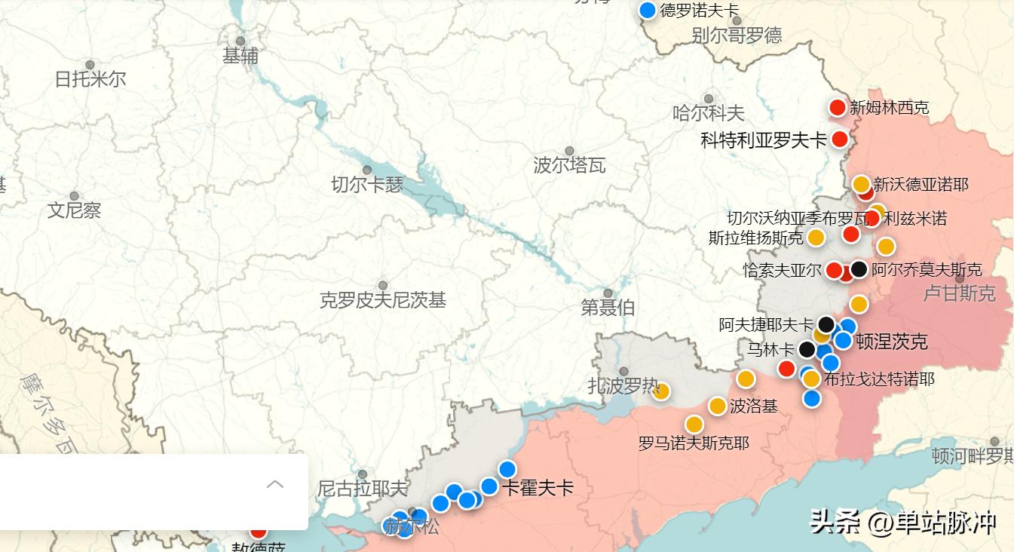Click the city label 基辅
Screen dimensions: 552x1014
(x=240, y=56)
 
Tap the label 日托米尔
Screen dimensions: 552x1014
(x=90, y=78)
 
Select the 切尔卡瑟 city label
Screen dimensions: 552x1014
(x=367, y=184)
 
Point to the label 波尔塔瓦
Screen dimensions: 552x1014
(x=569, y=165)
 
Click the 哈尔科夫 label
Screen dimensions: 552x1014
(x=708, y=113)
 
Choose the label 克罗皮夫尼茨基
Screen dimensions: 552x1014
(x=383, y=300)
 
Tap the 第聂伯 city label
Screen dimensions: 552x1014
(x=608, y=307)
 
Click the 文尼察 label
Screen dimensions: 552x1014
(x=74, y=210)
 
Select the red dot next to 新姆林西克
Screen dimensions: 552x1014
(x=837, y=108)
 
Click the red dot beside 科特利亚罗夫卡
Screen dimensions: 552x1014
(x=839, y=140)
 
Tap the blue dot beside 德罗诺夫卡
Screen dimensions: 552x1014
(x=647, y=11)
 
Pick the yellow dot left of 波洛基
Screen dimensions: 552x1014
(x=717, y=406)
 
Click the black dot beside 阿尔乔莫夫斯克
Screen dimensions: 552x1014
(x=859, y=269)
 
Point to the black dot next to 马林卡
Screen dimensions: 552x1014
(x=807, y=349)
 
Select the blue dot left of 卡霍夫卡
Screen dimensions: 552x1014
(x=489, y=486)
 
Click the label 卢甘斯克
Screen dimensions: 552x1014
(x=959, y=293)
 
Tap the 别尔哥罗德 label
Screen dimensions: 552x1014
(x=737, y=35)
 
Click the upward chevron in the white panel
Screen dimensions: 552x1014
(x=275, y=484)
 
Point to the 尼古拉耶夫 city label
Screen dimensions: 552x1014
(x=362, y=489)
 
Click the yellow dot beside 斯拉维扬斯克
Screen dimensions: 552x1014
(x=816, y=238)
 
